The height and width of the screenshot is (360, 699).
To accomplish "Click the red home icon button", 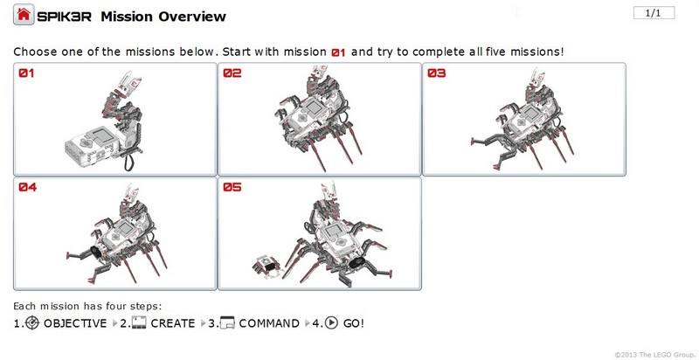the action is click(24, 15).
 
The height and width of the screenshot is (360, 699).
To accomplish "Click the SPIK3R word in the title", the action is click(64, 17).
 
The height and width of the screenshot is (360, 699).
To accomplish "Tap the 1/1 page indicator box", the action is click(654, 13).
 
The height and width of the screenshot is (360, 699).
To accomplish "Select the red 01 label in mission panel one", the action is click(26, 73).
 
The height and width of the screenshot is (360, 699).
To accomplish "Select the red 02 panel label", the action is click(232, 73).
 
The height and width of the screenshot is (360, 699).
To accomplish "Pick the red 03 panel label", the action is click(436, 73).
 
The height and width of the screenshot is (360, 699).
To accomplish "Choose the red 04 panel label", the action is click(27, 187).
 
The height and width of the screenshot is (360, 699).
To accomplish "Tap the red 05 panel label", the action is click(232, 187).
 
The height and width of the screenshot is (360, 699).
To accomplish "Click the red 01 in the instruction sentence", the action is click(338, 52).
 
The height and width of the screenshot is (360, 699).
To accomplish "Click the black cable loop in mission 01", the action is click(129, 160).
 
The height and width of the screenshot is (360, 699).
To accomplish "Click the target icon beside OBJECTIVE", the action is click(32, 323).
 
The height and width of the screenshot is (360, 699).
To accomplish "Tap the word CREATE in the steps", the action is click(173, 323).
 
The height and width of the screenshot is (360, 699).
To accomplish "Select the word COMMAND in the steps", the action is click(269, 323).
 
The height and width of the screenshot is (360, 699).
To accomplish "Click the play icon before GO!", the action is click(331, 322).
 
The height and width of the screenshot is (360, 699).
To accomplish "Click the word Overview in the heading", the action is click(192, 17).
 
